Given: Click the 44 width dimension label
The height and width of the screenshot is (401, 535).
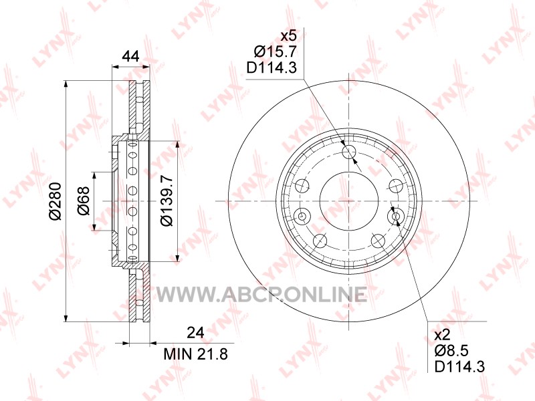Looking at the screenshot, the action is (130, 56).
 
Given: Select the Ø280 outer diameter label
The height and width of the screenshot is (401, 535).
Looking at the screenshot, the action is (55, 201).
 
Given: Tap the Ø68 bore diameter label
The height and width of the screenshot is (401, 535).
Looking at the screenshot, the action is (84, 201).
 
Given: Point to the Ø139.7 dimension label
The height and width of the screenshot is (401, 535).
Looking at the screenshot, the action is (167, 200).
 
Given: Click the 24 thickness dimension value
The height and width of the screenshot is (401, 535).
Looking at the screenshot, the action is (195, 332).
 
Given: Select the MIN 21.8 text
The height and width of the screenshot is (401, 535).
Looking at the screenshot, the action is (195, 354).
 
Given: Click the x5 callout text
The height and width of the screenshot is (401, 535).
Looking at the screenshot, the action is (288, 36).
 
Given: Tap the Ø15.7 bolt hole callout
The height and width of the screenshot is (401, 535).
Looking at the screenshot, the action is (275, 52).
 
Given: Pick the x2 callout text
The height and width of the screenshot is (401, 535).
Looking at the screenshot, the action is (443, 336).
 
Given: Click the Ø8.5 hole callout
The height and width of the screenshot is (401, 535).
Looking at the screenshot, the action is (451, 352).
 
